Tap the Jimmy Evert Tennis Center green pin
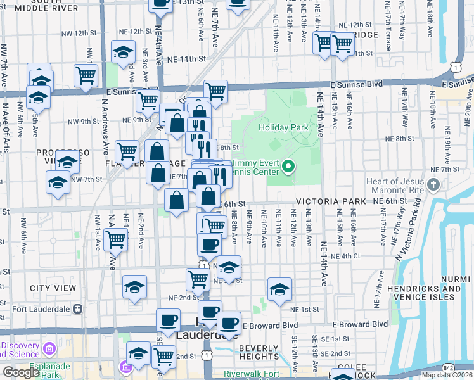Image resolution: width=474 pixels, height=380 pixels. [289, 167]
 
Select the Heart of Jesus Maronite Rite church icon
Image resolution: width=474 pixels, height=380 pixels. [433, 185]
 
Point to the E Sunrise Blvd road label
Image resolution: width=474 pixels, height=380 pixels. [357, 84]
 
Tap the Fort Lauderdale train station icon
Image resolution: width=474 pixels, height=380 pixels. [78, 309]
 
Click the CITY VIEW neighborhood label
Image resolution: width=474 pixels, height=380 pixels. [53, 288]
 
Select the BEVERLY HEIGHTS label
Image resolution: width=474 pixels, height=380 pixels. [259, 353]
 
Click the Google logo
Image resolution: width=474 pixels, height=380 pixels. [21, 372]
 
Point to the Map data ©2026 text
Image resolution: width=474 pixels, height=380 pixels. [447, 375]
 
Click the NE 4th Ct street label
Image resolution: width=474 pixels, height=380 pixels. [346, 256]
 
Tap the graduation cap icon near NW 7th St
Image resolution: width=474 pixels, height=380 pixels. [58, 182]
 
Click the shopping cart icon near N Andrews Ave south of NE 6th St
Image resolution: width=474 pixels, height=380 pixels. [115, 239]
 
